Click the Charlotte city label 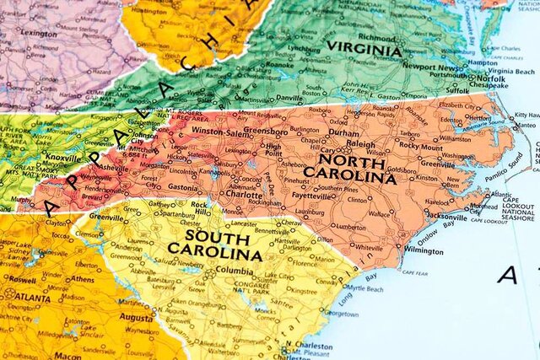(245, 195)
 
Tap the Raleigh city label (361, 145)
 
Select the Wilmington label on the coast (400, 250)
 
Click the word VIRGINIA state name (364, 50)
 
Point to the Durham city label (344, 132)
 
